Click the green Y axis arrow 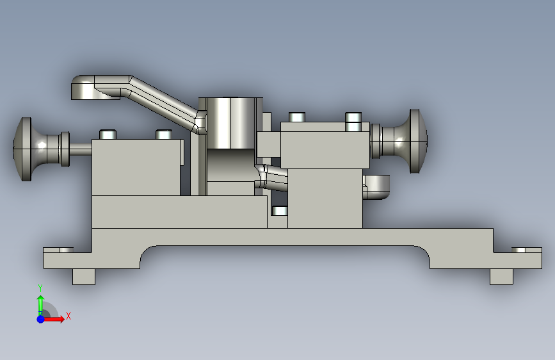pyautogui.click(x=40, y=304)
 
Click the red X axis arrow pyautogui.click(x=53, y=319)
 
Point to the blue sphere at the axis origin pyautogui.click(x=40, y=319)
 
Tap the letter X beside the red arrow pyautogui.click(x=68, y=316)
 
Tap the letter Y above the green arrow pyautogui.click(x=40, y=288)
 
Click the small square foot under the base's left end pyautogui.click(x=84, y=276)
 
